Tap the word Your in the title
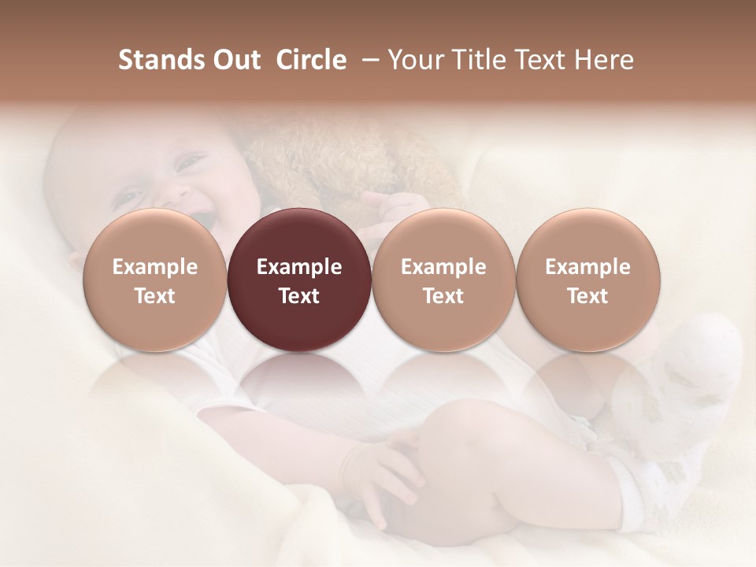point(415,60)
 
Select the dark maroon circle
point(299,280)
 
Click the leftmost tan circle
point(154,280)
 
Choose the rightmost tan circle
point(588,280)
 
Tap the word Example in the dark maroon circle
point(299,267)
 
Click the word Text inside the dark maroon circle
point(299,296)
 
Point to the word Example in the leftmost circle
point(154,267)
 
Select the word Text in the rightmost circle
point(588,296)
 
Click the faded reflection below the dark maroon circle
point(299,378)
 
